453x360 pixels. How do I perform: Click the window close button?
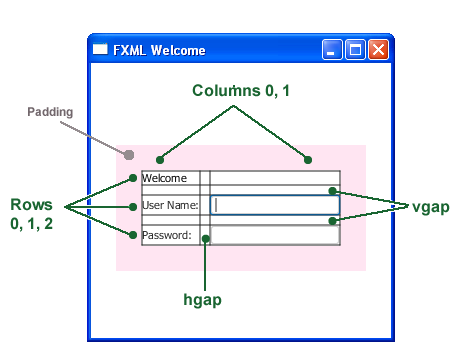click(x=378, y=50)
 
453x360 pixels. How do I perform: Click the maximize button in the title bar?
click(x=356, y=50)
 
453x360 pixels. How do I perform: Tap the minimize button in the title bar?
click(x=334, y=50)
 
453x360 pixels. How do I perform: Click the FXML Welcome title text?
click(x=159, y=50)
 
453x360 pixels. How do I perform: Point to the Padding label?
click(x=50, y=112)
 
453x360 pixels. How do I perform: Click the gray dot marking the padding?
click(x=129, y=154)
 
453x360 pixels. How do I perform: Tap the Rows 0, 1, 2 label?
click(x=32, y=214)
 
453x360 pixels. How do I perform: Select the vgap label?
click(x=430, y=206)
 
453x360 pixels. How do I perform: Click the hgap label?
click(x=202, y=299)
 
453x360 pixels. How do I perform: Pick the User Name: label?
click(x=170, y=206)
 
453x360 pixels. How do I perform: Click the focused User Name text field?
click(x=275, y=205)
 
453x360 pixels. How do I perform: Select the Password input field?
click(x=275, y=236)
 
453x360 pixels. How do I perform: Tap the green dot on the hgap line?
click(x=206, y=238)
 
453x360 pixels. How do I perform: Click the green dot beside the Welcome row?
click(x=133, y=179)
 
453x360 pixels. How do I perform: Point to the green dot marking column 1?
click(x=308, y=160)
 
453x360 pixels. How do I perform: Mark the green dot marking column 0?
click(x=160, y=160)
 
